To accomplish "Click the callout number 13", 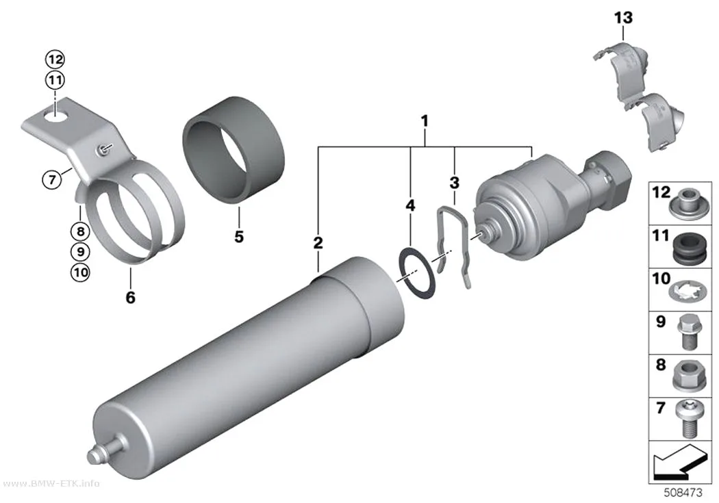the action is tap(623, 18).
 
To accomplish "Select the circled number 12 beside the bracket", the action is tap(55, 60).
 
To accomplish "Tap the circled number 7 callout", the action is tap(52, 179).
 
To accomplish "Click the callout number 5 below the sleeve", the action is tap(239, 237).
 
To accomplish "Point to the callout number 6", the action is tap(131, 297).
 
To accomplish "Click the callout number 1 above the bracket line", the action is tap(425, 121).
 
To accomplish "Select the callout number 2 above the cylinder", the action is tap(318, 243).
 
